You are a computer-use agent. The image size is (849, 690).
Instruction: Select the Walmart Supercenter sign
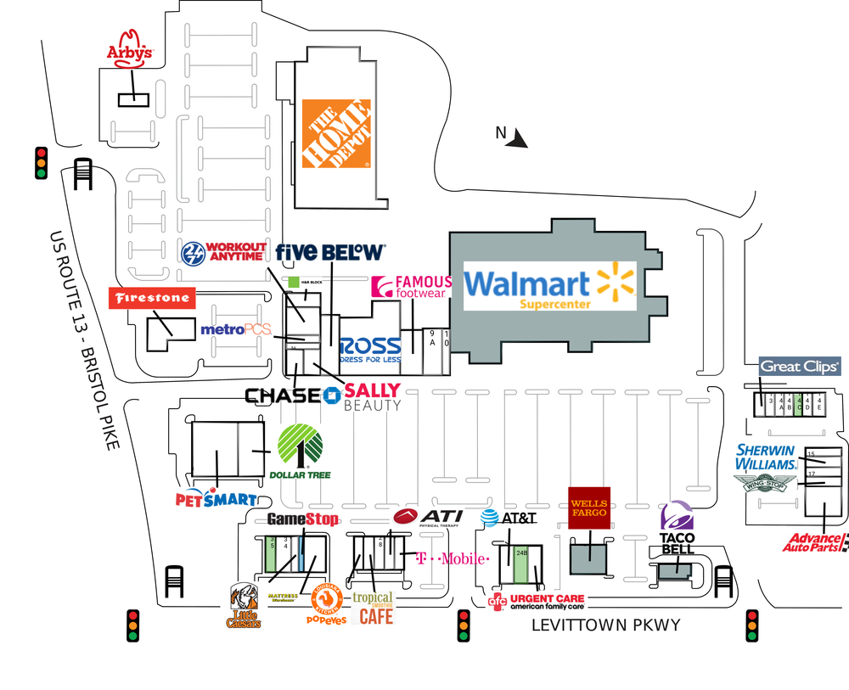coord(550,285)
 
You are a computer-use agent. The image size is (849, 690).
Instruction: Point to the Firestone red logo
coord(153,298)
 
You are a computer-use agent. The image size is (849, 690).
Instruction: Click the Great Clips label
coord(799,367)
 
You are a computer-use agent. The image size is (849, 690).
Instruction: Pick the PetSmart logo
coord(216,498)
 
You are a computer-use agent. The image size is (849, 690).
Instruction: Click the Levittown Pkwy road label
coord(605,625)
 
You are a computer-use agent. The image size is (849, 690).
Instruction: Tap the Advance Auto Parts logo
coord(816,541)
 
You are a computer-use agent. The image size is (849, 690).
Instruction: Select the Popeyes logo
coord(327,604)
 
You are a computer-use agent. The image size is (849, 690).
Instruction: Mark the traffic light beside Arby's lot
coord(40,163)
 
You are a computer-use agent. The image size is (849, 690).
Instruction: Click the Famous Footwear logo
coord(412,287)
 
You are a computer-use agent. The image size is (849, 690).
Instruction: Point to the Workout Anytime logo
coord(225,252)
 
